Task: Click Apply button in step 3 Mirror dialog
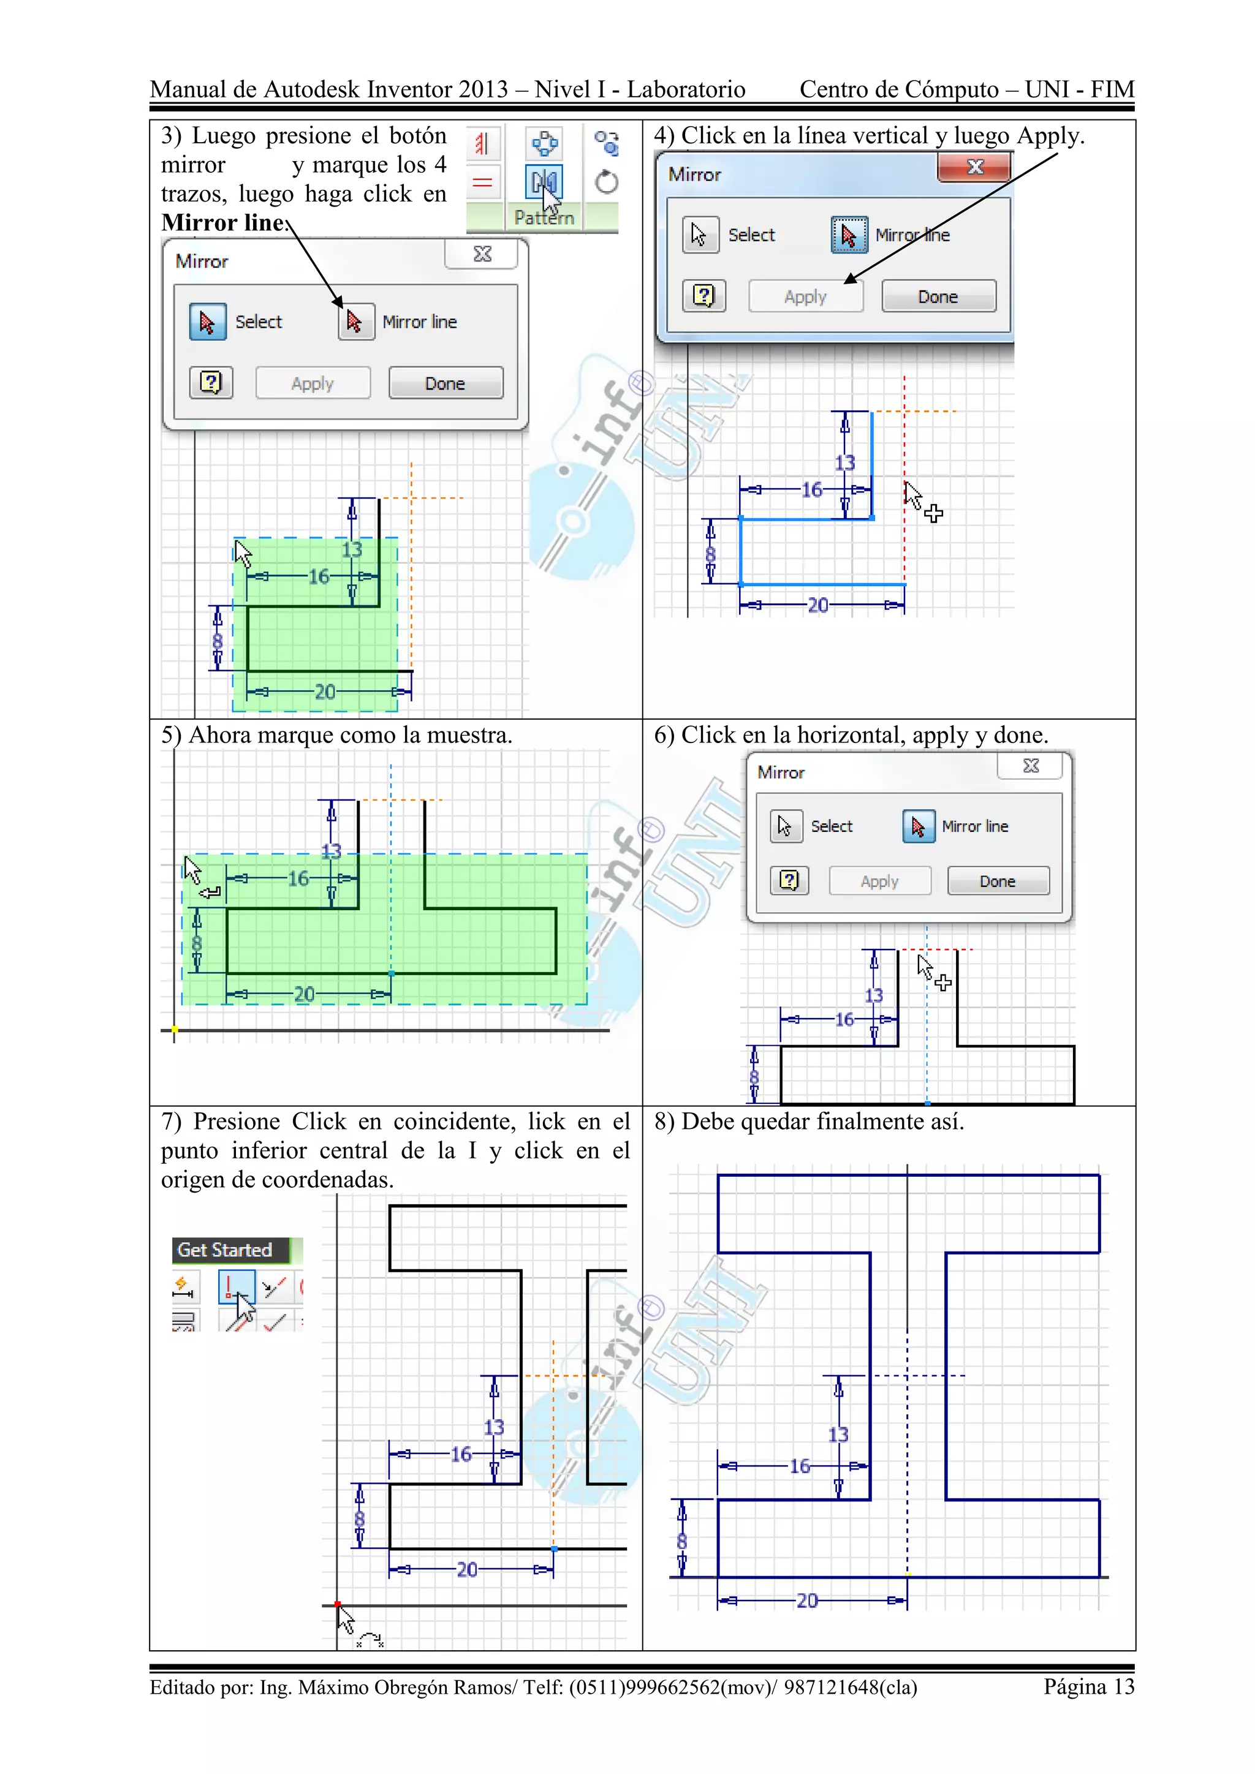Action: click(312, 383)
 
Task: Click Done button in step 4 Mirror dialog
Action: click(938, 296)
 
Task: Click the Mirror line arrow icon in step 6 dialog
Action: click(918, 827)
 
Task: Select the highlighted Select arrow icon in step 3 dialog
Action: click(207, 322)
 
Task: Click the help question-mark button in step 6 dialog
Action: click(789, 881)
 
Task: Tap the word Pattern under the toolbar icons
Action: click(544, 218)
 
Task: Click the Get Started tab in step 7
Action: click(225, 1250)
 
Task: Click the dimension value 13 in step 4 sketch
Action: click(844, 463)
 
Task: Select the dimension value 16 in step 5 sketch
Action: click(298, 878)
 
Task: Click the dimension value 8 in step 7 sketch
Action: click(359, 1520)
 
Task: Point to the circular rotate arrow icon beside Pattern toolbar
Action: click(607, 183)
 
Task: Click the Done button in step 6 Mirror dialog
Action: click(998, 881)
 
